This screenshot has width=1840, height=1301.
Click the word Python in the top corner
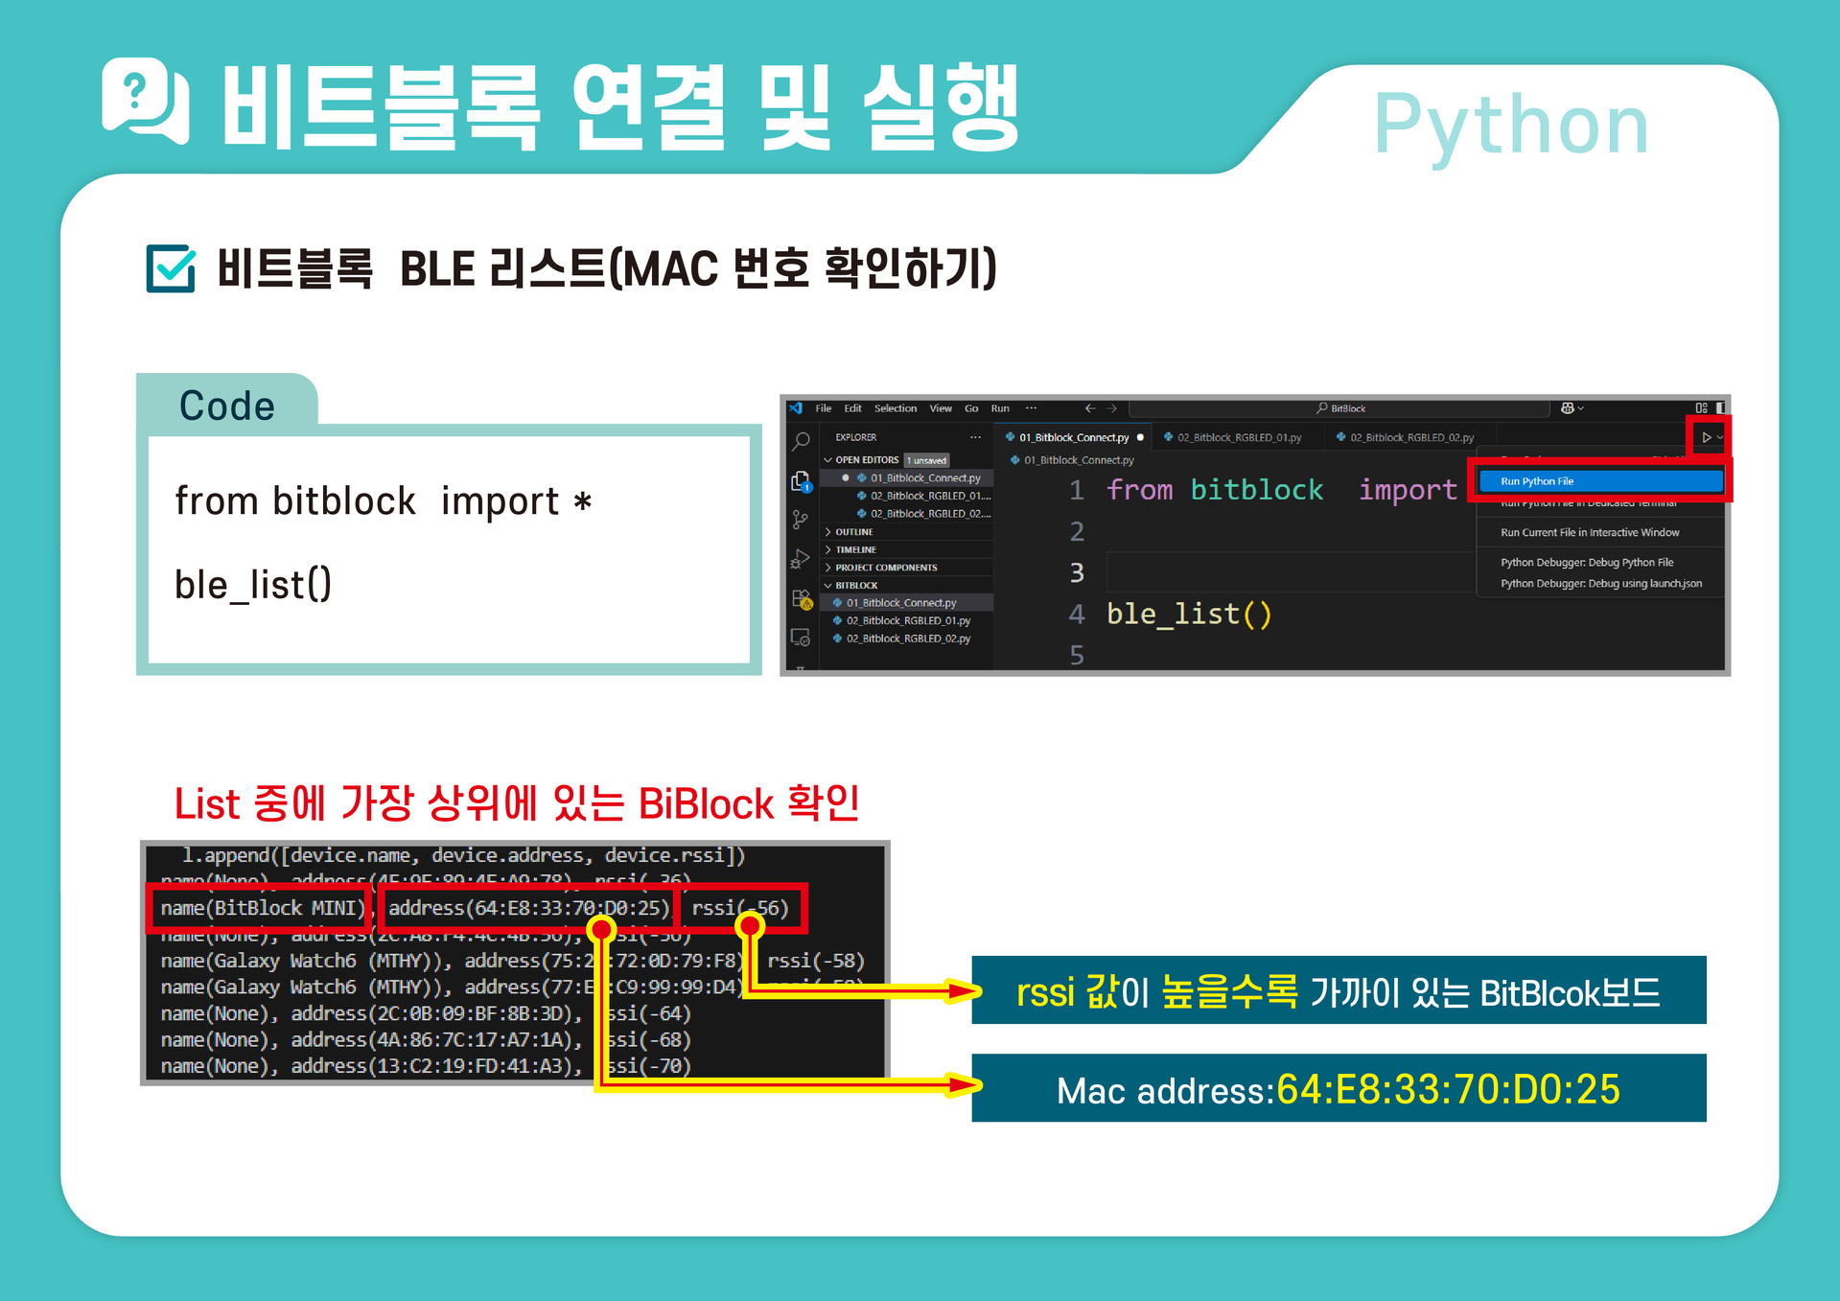click(x=1510, y=125)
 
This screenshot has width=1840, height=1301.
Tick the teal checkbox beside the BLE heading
click(x=171, y=268)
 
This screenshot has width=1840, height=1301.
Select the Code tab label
click(x=227, y=406)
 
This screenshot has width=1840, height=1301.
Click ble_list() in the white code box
click(x=253, y=584)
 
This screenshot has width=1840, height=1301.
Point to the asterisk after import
click(x=582, y=502)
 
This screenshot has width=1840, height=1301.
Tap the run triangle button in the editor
click(x=1706, y=437)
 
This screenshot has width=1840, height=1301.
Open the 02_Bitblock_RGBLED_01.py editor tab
click(x=1238, y=437)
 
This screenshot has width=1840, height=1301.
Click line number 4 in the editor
click(x=1077, y=614)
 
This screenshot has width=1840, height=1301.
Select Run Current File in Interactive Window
click(x=1589, y=532)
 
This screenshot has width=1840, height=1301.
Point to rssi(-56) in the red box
click(x=739, y=908)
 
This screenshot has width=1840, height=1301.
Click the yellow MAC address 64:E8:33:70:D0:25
click(x=1448, y=1089)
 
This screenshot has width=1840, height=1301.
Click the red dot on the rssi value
click(x=750, y=925)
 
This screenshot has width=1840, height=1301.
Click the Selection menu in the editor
click(x=895, y=408)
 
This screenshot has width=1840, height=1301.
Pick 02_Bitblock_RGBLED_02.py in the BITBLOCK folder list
click(x=907, y=639)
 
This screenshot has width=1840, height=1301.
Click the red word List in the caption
click(x=206, y=803)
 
